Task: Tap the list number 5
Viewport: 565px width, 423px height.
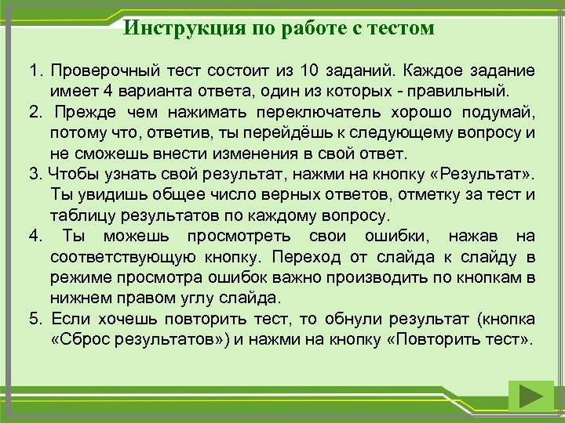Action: click(35, 320)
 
